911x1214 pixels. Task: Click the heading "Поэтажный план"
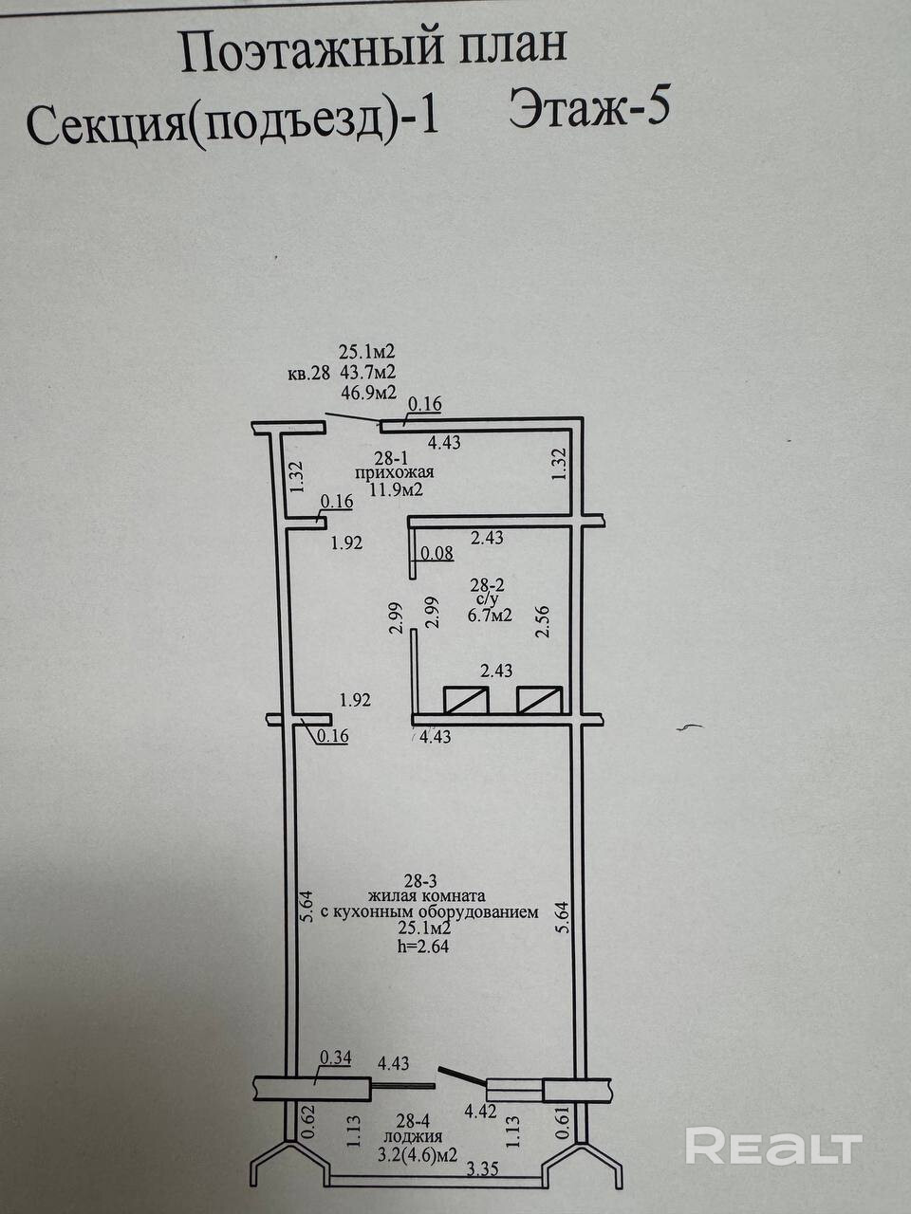click(x=374, y=51)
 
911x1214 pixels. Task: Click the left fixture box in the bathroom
click(x=466, y=700)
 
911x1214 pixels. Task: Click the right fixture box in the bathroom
click(x=539, y=700)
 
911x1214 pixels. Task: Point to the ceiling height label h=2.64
click(x=424, y=945)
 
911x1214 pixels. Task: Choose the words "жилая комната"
click(x=430, y=894)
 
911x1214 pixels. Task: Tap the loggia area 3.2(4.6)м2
click(x=418, y=1155)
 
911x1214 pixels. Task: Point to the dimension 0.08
click(x=437, y=553)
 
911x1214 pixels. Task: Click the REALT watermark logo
click(x=772, y=1147)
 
